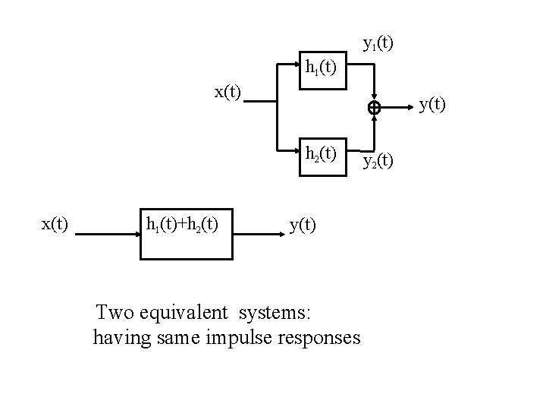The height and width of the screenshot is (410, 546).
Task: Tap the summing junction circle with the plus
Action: click(x=374, y=109)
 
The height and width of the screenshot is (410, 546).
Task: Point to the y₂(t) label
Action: click(x=378, y=160)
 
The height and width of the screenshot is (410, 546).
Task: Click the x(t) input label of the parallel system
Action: click(x=227, y=92)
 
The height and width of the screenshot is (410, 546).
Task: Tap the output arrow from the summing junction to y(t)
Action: click(x=398, y=109)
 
